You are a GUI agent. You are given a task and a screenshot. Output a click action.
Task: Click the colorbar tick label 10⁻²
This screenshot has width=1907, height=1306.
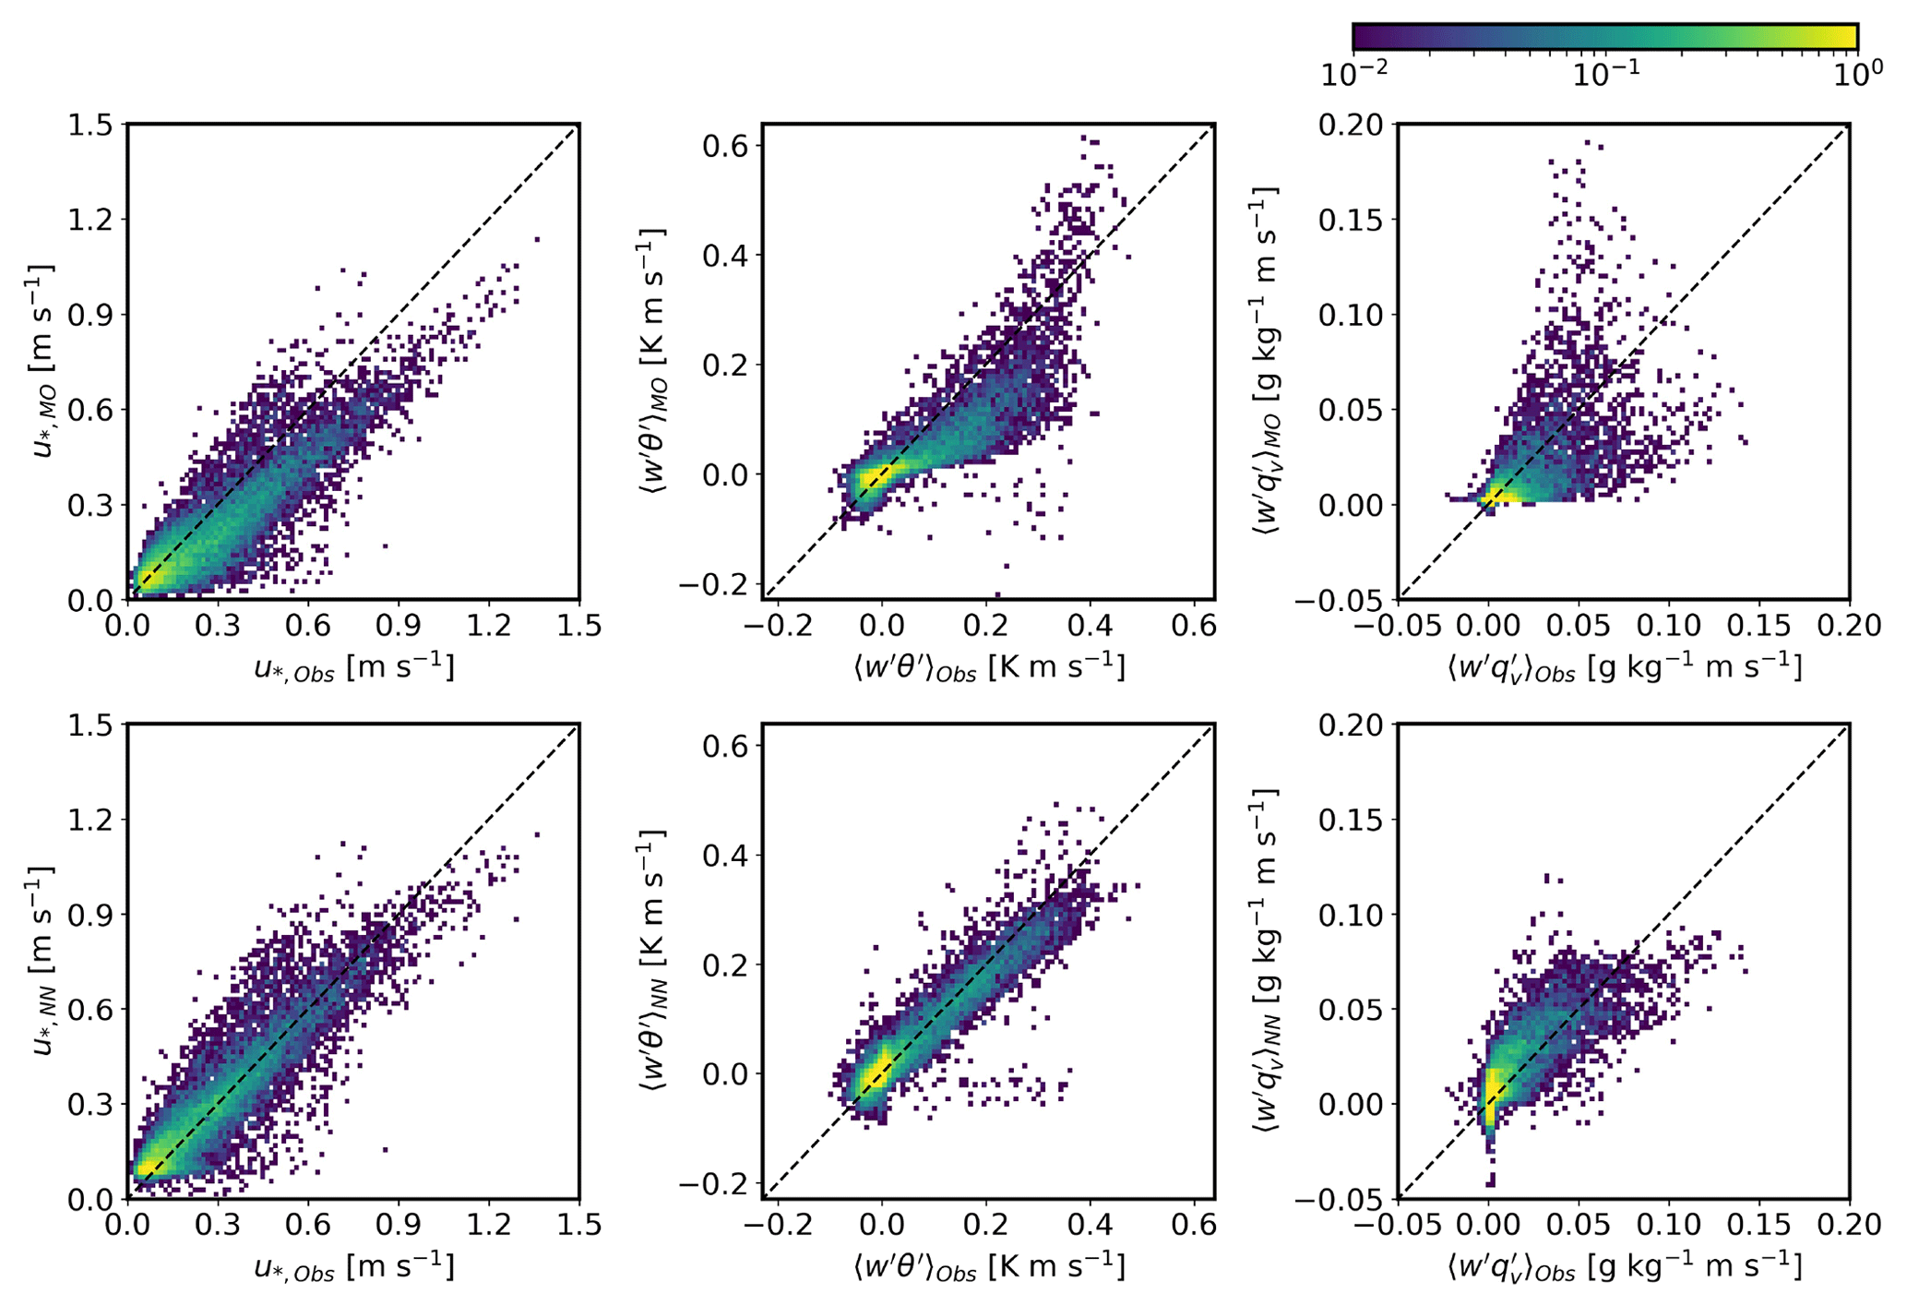[1353, 75]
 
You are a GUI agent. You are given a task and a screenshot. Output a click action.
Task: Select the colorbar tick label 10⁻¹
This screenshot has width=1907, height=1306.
[1605, 75]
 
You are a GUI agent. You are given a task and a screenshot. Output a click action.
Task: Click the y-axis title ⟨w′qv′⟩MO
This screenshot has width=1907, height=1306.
[1266, 361]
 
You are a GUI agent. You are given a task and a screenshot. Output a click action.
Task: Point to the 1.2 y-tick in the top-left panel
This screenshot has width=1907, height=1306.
[89, 220]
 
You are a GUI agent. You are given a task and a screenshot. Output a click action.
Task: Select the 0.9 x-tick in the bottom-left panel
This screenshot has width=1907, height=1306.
[399, 1225]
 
